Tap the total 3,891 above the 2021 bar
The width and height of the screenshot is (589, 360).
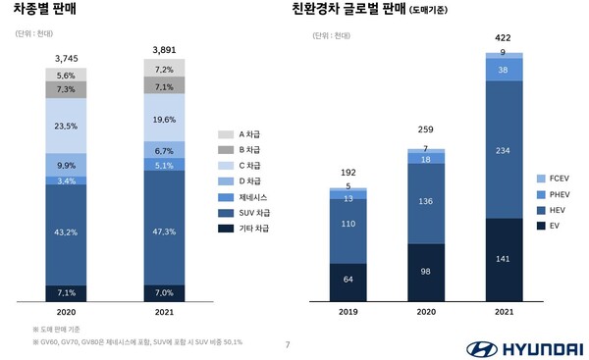[164, 49]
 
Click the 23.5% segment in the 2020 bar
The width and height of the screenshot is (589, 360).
[66, 126]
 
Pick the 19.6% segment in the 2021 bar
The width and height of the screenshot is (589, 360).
[164, 120]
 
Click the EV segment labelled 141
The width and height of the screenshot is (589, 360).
[503, 260]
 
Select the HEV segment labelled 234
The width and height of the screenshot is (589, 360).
[503, 150]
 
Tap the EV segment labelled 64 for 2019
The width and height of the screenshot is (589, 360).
[348, 280]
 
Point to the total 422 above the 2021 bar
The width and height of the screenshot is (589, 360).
[503, 39]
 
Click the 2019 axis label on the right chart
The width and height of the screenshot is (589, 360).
[348, 313]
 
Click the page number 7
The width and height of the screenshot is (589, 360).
[287, 344]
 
